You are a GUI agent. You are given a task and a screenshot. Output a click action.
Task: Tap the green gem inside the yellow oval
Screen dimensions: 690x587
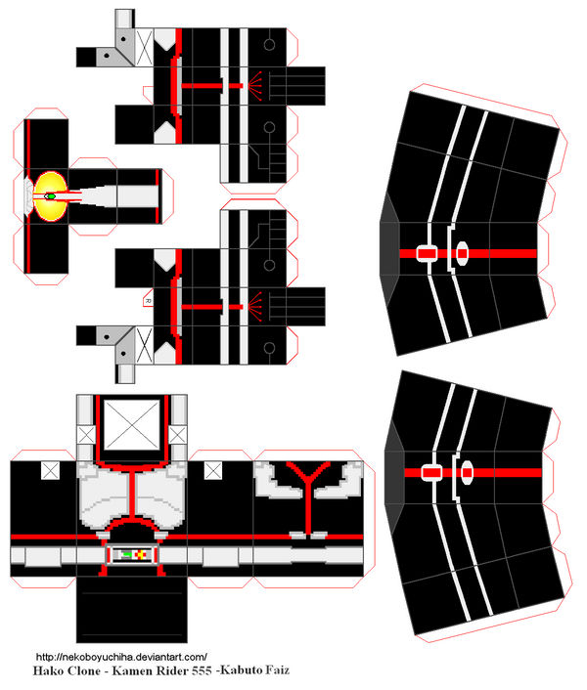(x=50, y=195)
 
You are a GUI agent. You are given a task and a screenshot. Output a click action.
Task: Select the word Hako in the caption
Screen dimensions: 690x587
(x=52, y=671)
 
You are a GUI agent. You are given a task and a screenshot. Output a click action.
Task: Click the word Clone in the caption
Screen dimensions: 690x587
(x=92, y=671)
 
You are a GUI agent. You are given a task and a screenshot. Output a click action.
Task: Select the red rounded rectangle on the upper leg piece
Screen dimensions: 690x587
(x=428, y=253)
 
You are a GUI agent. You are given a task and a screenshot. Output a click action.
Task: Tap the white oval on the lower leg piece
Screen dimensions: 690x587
(x=465, y=473)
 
